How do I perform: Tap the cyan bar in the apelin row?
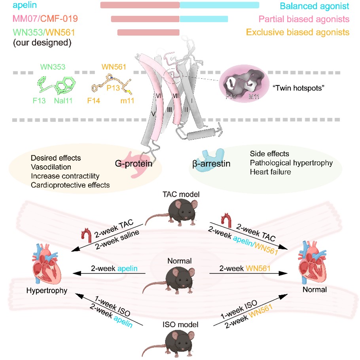[220, 5]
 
